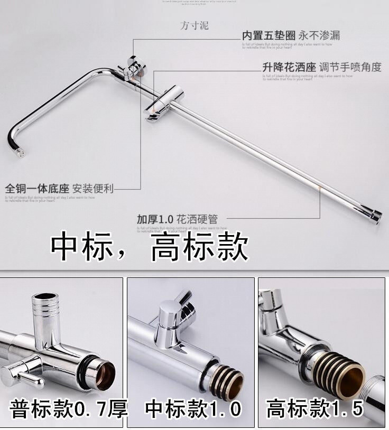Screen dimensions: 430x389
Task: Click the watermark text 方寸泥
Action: point(195,25)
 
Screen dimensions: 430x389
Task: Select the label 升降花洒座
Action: point(289,68)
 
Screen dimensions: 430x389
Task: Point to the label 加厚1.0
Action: point(155,219)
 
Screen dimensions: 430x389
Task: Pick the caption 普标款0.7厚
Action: point(68,409)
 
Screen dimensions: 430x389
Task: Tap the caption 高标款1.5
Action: point(315,409)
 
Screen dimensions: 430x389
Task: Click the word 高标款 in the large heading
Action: point(199,247)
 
